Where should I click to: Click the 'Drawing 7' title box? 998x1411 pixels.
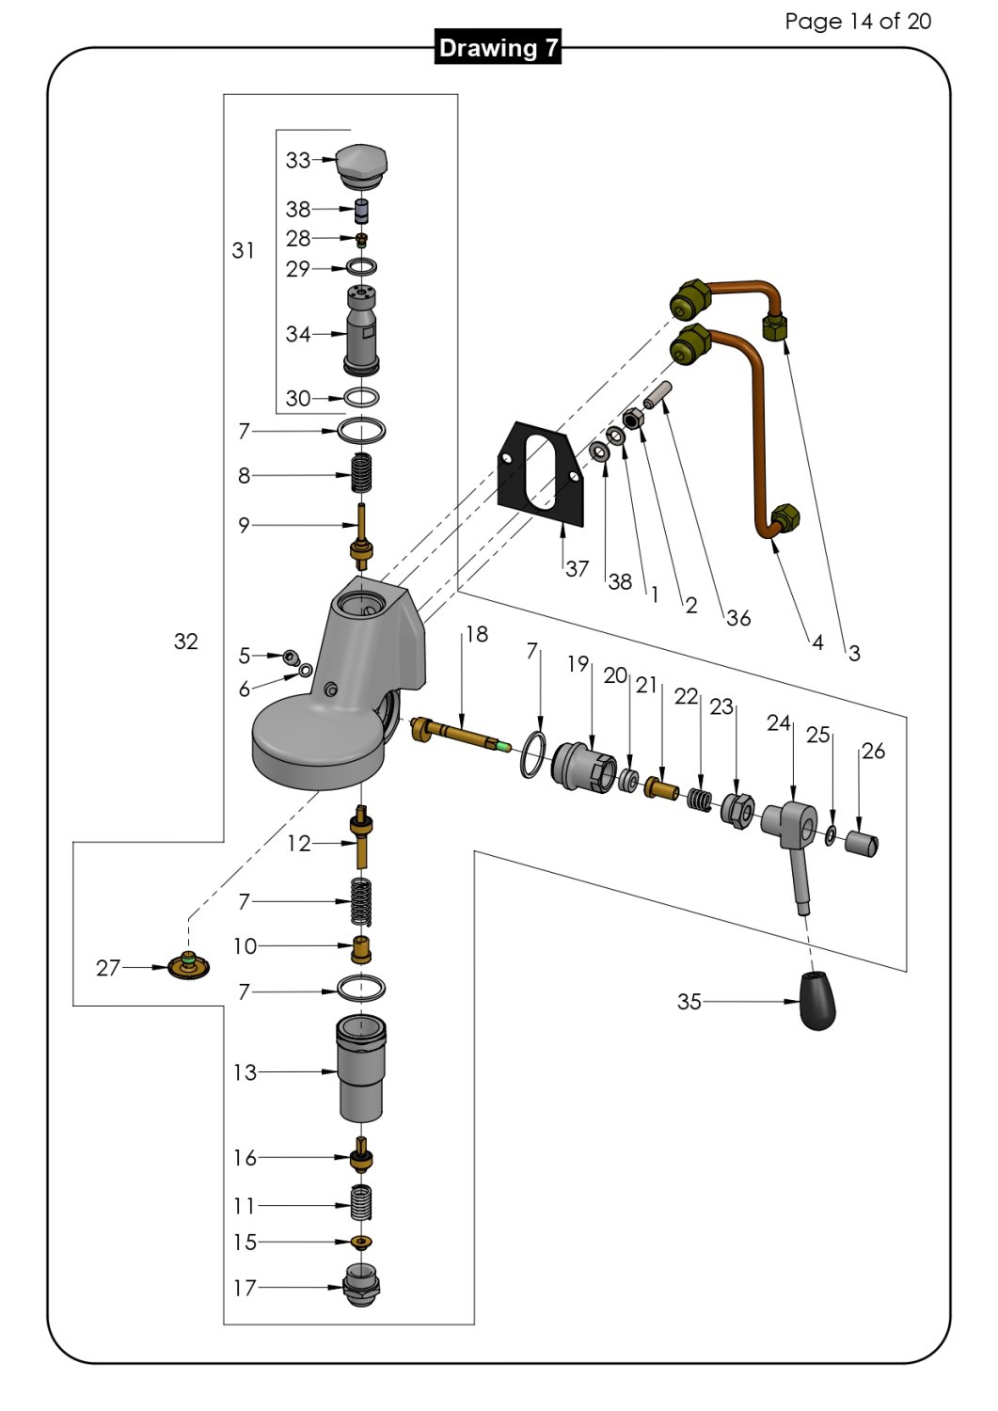tap(499, 48)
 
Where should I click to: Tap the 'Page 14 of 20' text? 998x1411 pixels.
tap(857, 21)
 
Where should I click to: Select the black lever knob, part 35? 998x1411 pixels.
tap(817, 1001)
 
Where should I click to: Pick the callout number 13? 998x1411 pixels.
tap(245, 1072)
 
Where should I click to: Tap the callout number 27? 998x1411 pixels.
tap(108, 967)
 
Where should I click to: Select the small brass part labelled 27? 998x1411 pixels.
tap(188, 965)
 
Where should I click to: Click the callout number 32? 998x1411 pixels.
tap(186, 641)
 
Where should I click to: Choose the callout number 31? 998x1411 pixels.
tap(243, 250)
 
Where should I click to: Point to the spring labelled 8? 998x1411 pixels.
tap(361, 473)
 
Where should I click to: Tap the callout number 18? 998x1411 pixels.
tap(477, 635)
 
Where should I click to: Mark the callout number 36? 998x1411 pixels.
tap(738, 618)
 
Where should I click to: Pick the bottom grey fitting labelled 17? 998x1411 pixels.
tap(362, 1285)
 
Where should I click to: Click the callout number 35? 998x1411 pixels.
tap(689, 1002)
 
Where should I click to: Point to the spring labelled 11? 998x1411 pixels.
tap(362, 1204)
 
